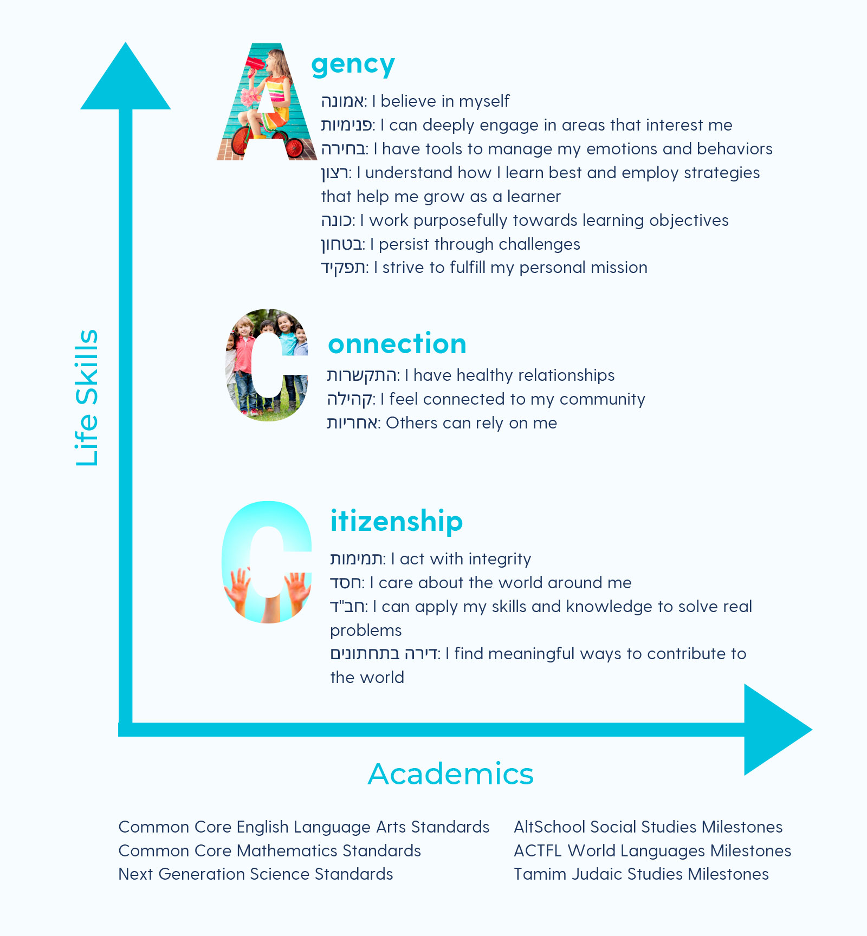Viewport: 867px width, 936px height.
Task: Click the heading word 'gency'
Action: [353, 65]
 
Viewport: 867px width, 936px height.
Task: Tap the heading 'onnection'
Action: [397, 344]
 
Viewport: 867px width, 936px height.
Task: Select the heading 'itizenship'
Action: [397, 521]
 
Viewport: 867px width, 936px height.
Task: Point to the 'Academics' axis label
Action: [450, 773]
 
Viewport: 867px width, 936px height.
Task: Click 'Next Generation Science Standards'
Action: [256, 874]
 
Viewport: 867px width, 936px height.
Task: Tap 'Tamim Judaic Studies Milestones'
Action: [641, 874]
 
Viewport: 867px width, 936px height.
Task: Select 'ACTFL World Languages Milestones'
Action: [652, 851]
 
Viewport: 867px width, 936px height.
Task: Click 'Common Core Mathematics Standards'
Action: [269, 851]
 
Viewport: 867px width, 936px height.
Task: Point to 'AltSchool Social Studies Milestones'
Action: [648, 827]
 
